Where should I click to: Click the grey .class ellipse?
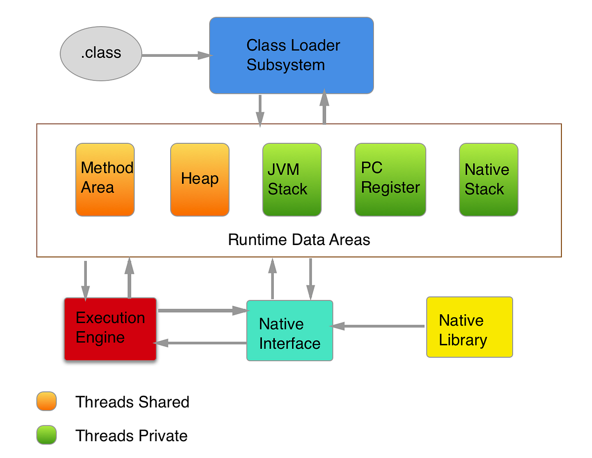(101, 53)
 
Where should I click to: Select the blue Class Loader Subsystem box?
(291, 55)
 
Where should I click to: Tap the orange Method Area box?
(105, 179)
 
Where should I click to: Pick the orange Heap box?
(199, 179)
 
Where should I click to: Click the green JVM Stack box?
(292, 179)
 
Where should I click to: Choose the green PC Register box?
(390, 179)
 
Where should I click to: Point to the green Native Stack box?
(488, 179)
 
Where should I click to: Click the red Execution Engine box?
(110, 329)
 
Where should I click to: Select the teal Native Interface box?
(290, 330)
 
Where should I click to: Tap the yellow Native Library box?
(469, 327)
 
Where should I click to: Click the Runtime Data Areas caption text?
(299, 240)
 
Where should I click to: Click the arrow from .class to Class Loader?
(176, 55)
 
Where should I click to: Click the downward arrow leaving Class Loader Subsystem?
(259, 110)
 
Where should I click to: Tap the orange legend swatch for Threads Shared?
(46, 401)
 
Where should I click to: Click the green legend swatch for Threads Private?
(46, 435)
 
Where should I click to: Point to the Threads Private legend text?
(131, 436)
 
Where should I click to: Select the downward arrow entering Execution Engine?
(86, 280)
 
